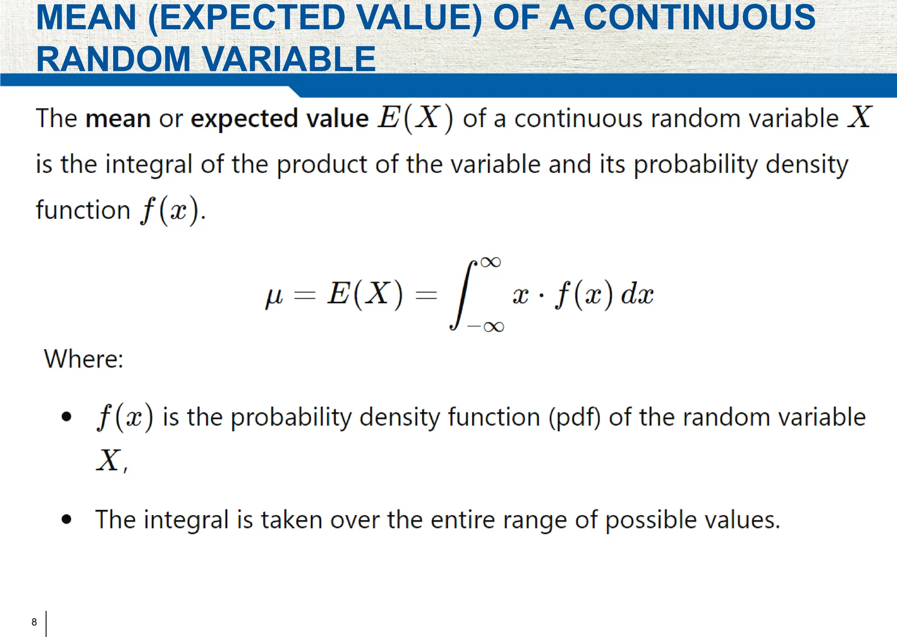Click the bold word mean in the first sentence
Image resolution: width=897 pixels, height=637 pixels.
click(x=118, y=119)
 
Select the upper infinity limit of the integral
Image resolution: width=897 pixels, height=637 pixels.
click(x=490, y=262)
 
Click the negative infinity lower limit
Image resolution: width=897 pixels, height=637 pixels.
click(x=486, y=327)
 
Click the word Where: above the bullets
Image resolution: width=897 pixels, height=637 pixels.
click(x=84, y=359)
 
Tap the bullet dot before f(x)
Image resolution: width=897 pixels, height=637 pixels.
click(x=67, y=416)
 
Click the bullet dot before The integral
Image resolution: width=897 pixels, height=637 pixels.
click(x=67, y=520)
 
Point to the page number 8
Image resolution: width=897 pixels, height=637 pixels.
click(x=34, y=622)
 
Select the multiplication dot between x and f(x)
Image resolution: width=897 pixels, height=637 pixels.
click(x=542, y=296)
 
